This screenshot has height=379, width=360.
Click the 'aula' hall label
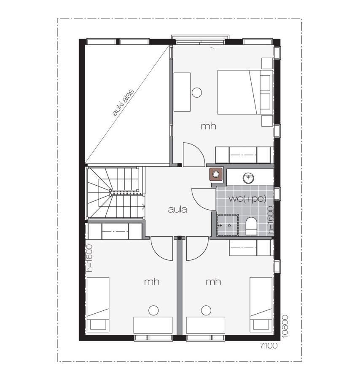point(177,209)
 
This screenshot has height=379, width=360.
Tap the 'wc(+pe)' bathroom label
point(247,199)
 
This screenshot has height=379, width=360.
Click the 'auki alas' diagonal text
point(123,102)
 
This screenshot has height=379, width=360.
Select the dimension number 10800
point(285,326)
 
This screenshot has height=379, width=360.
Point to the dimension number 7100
point(269,346)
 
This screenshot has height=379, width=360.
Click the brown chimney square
point(215,174)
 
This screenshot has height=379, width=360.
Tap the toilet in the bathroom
point(251,226)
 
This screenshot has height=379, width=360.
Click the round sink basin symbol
point(248,178)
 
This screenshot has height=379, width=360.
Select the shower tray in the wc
point(228,225)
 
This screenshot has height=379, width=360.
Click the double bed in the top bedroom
point(245,92)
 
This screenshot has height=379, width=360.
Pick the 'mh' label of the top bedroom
point(209,126)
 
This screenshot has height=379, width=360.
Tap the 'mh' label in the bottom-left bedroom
point(152,282)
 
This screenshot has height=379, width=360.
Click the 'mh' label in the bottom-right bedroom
point(213,282)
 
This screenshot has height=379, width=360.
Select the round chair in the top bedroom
point(197,92)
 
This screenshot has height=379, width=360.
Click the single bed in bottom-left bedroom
point(98,304)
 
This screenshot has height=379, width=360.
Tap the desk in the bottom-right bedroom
point(205,326)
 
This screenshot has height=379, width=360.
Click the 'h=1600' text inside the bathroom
point(271,220)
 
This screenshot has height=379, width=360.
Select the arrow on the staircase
point(143,207)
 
